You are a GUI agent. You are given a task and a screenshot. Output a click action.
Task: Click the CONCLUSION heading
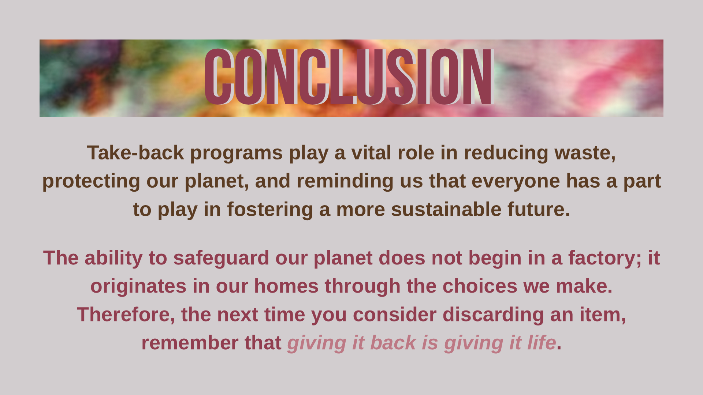coord(349,77)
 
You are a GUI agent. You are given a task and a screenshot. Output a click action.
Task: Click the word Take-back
coord(135,153)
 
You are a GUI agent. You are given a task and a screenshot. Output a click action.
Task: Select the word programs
coord(236,153)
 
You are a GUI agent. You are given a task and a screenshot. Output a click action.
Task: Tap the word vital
coord(371,153)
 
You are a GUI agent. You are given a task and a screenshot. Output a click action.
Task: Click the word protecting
coord(91,181)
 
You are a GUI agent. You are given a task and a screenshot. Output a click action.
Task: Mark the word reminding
coord(345,181)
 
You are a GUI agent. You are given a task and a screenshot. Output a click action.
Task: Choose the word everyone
coord(516,181)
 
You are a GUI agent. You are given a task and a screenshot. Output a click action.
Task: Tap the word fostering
coord(270,210)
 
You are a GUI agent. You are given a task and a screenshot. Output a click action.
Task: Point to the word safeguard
coord(221,258)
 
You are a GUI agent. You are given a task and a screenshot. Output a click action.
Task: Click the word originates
coord(138,286)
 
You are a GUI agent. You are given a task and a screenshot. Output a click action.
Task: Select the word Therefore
coord(125,315)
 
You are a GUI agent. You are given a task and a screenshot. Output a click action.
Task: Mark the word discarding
coord(493,315)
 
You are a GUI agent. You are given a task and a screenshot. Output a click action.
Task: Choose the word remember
coord(190,343)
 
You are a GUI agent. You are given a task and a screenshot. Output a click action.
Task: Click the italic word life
coord(541,343)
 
